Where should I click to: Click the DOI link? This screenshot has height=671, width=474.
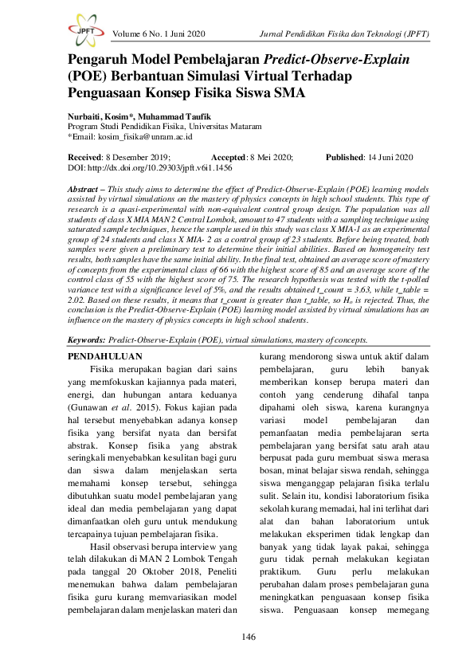point(151,170)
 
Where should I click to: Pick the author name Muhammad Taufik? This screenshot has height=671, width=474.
point(174,116)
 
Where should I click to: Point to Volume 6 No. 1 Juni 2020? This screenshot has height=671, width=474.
point(159,34)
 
